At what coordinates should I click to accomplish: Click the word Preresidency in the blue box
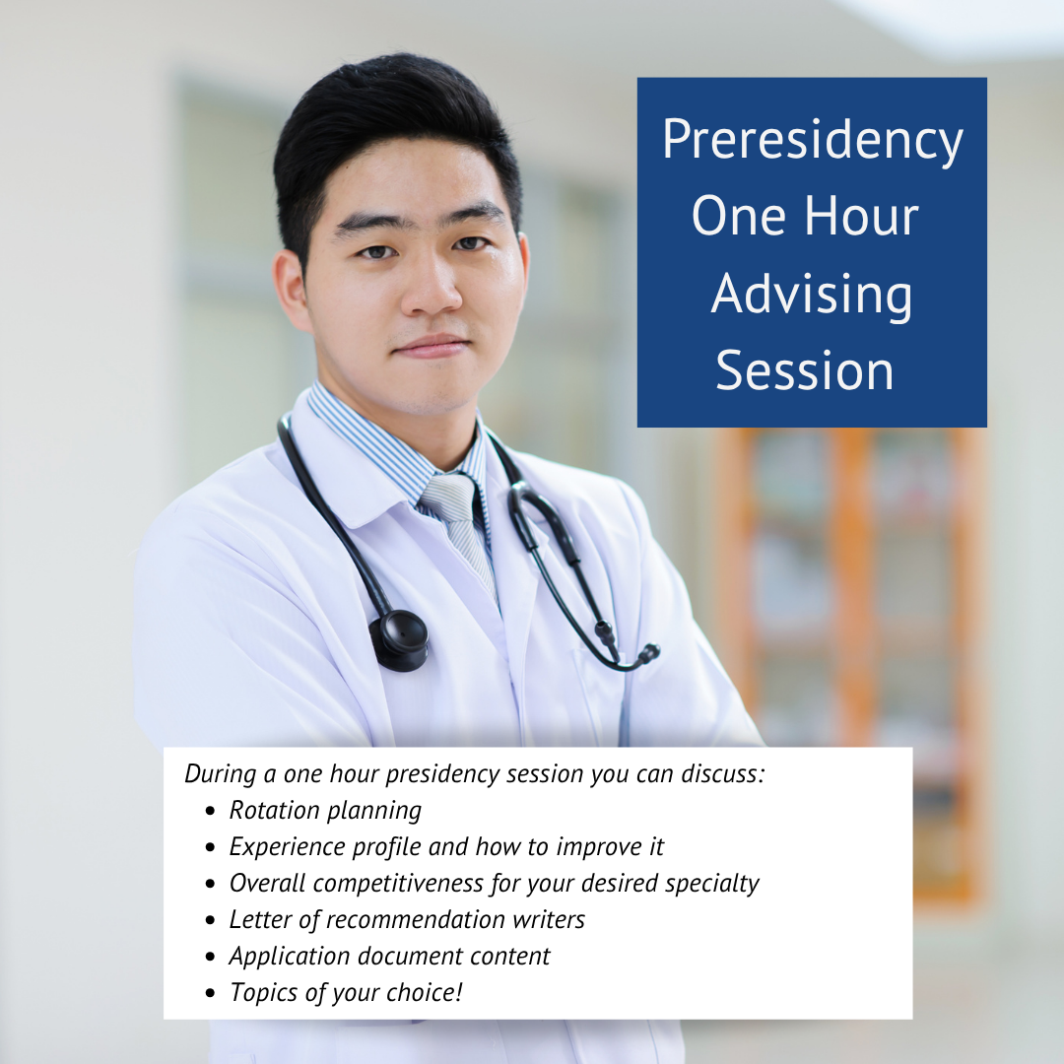[x=813, y=141]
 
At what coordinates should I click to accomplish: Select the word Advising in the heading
[x=812, y=296]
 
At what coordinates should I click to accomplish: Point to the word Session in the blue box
[x=805, y=370]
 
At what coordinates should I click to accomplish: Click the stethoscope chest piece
[x=399, y=639]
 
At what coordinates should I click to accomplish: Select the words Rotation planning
[x=325, y=811]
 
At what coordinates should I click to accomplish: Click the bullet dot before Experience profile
[x=210, y=847]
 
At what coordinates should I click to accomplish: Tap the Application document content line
[x=389, y=957]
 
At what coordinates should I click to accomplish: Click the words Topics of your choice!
[x=346, y=993]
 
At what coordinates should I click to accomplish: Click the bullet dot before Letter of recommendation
[x=210, y=920]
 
